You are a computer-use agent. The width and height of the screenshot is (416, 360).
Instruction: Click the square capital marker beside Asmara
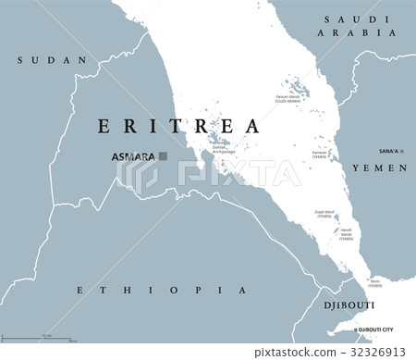click(x=163, y=156)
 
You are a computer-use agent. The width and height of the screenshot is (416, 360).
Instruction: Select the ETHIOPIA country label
click(x=163, y=291)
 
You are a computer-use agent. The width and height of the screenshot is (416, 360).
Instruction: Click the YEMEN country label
click(x=380, y=168)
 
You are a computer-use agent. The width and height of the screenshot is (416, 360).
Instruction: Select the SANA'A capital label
click(x=387, y=150)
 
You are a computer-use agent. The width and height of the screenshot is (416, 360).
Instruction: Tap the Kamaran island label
click(x=319, y=154)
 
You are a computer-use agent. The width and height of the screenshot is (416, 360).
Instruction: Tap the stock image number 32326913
click(x=376, y=352)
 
